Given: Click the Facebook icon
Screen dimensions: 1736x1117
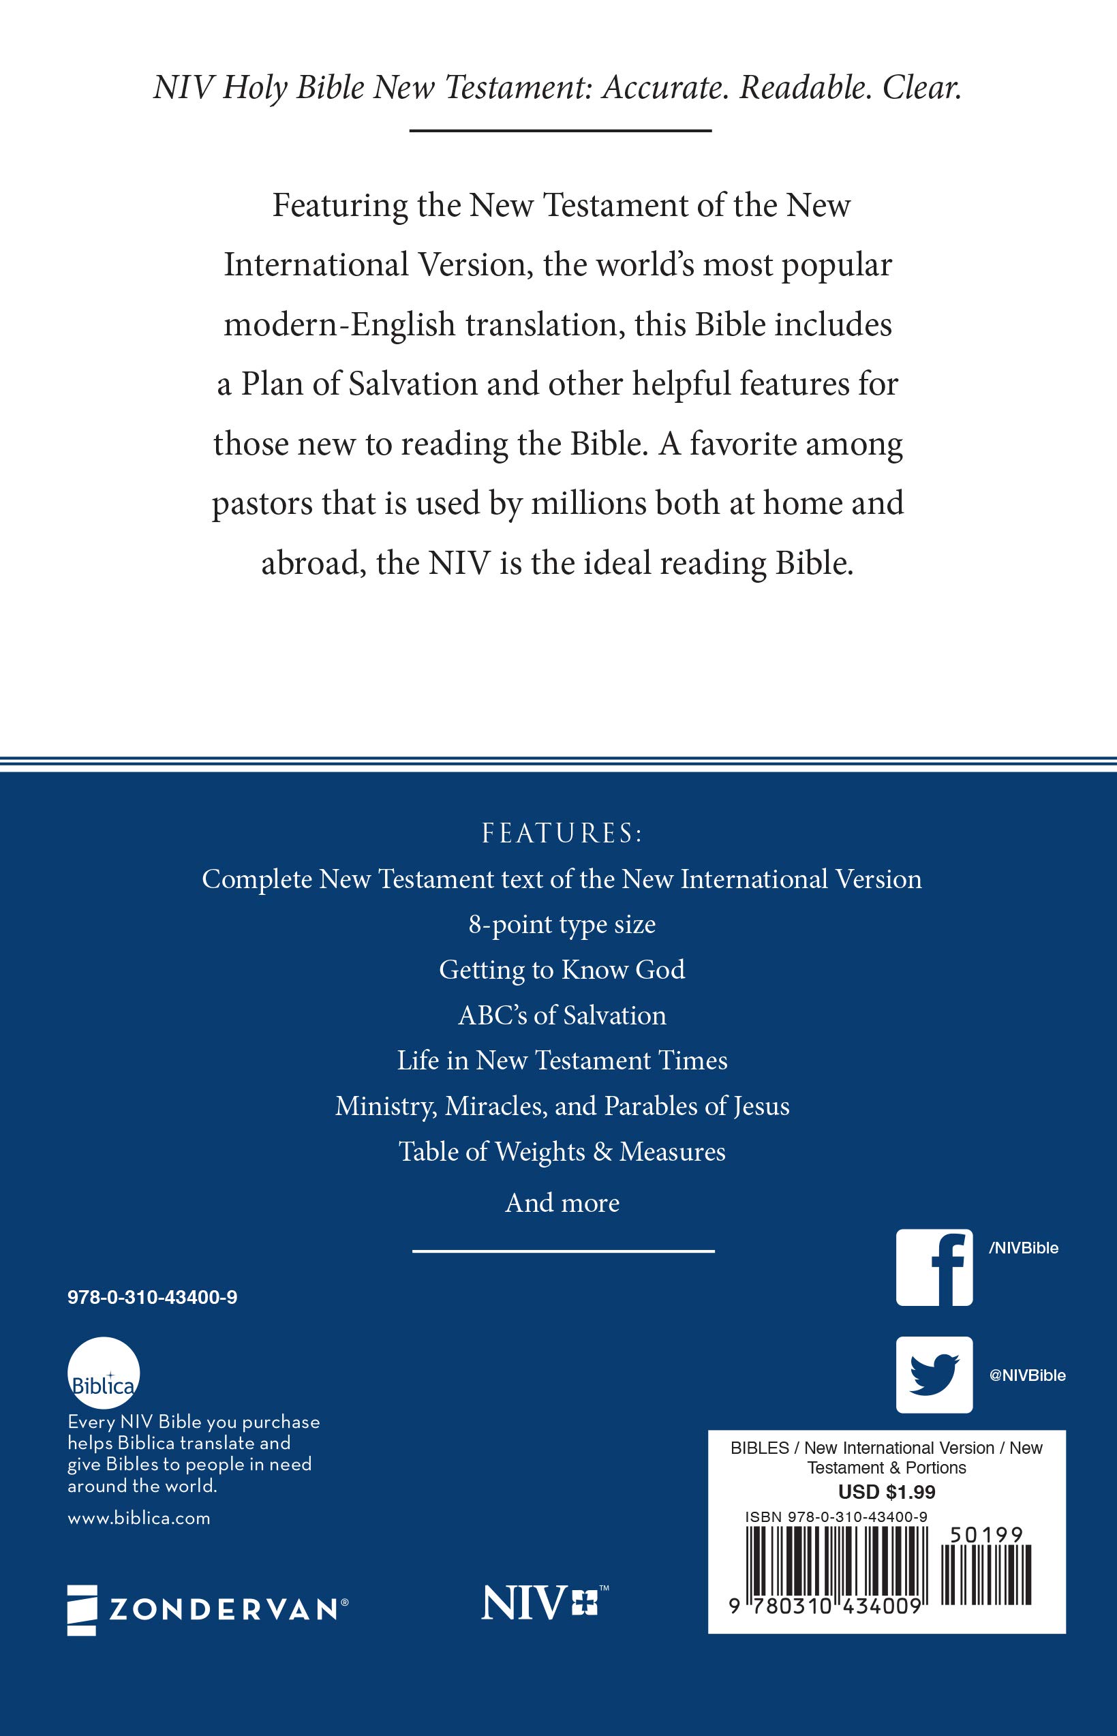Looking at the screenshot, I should coord(934,1267).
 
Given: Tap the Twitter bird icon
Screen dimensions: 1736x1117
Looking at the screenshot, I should coord(934,1375).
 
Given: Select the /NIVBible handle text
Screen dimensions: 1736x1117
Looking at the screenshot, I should coord(1024,1249).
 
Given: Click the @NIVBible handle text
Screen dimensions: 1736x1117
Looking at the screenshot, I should coord(1027,1375).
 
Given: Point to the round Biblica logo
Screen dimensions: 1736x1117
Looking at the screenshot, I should coord(103,1373).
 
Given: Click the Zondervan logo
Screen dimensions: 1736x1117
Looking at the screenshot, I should coord(207,1609).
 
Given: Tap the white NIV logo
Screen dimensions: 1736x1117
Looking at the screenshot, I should coord(544,1603).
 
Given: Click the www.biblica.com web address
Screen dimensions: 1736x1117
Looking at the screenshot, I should coord(138,1519).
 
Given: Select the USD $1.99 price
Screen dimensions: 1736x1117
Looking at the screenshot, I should coord(887,1491).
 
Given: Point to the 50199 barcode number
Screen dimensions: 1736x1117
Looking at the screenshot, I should coord(986,1535).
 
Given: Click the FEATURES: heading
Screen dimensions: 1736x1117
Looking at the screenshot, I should coord(562,834).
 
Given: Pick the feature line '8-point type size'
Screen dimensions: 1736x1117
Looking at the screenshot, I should coord(562,925).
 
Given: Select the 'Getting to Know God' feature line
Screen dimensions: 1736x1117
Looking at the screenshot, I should coord(562,970).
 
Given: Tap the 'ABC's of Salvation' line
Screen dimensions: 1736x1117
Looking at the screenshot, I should coord(562,1016).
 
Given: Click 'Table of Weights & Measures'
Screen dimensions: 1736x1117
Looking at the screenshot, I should coord(562,1152).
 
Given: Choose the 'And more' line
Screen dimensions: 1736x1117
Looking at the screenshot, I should coord(562,1203).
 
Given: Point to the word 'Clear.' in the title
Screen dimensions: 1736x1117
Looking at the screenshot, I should coord(922,89).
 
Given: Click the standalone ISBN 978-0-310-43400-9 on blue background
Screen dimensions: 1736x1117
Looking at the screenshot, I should coord(153,1298).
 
